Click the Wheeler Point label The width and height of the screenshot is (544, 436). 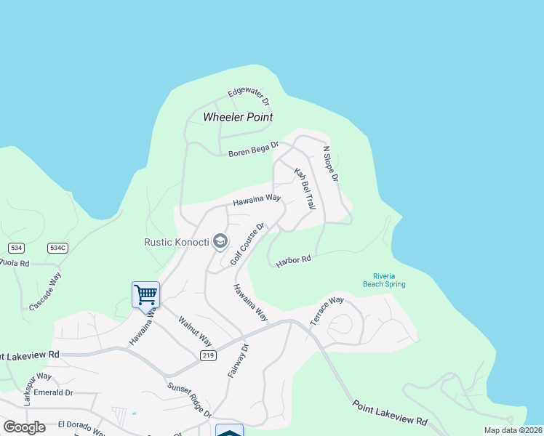coord(238,117)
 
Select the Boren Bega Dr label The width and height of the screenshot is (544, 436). coord(253,150)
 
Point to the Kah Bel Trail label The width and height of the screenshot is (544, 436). coord(305,189)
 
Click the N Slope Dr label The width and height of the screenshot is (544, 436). coord(331,164)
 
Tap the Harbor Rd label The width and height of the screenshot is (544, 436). coord(293,261)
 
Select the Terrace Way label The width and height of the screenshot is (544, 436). coord(327,311)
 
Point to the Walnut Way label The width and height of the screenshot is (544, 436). coord(195,331)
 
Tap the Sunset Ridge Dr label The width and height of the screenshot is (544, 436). coord(189,400)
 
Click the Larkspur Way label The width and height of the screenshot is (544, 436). coord(37,378)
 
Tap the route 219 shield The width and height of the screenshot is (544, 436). coord(208,355)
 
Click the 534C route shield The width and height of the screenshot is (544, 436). coord(57,248)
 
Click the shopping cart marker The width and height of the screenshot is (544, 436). coord(145,294)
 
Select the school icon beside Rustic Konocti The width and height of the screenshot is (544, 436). coord(220,241)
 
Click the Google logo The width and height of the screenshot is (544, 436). coord(24,427)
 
